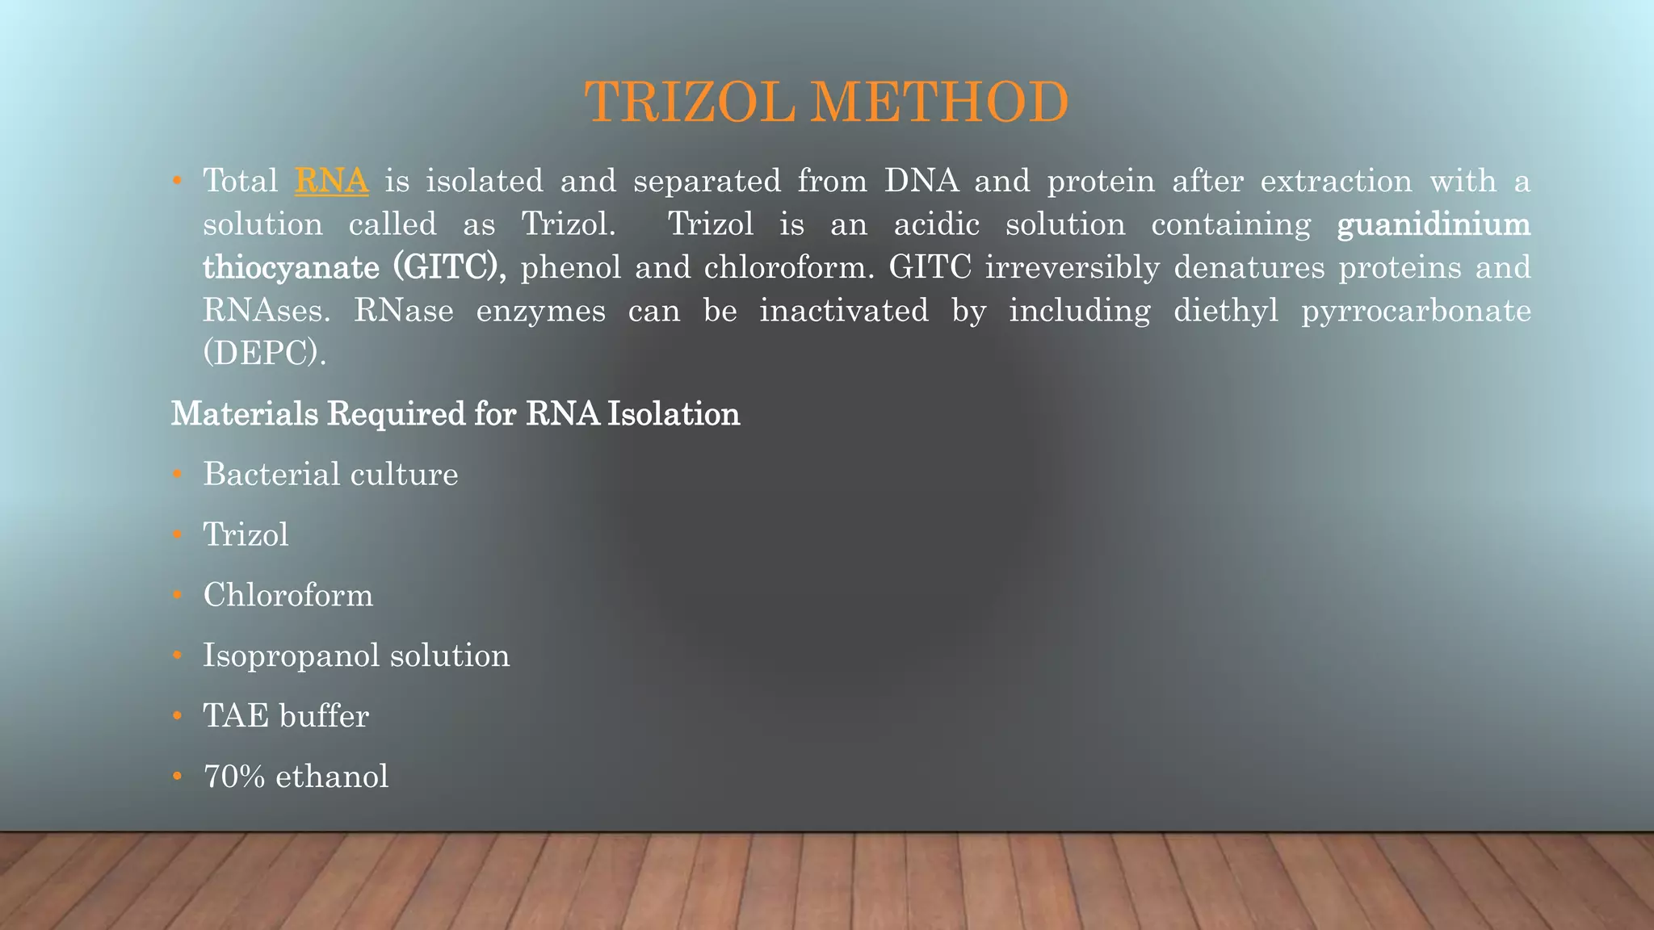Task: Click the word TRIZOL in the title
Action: tap(690, 103)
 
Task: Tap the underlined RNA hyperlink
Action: tap(331, 181)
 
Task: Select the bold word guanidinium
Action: tap(1434, 224)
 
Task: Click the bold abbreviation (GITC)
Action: tap(449, 267)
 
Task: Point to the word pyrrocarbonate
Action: tap(1416, 311)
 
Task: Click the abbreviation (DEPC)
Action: tap(264, 354)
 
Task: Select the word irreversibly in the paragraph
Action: tap(1073, 267)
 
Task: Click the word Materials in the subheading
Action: tap(245, 414)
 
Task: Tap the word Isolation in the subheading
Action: tap(674, 414)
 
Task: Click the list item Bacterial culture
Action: tap(330, 474)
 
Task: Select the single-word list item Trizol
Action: tap(246, 534)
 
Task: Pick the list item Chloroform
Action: tap(288, 595)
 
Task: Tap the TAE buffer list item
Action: tap(286, 716)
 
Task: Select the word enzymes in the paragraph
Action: tap(540, 311)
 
